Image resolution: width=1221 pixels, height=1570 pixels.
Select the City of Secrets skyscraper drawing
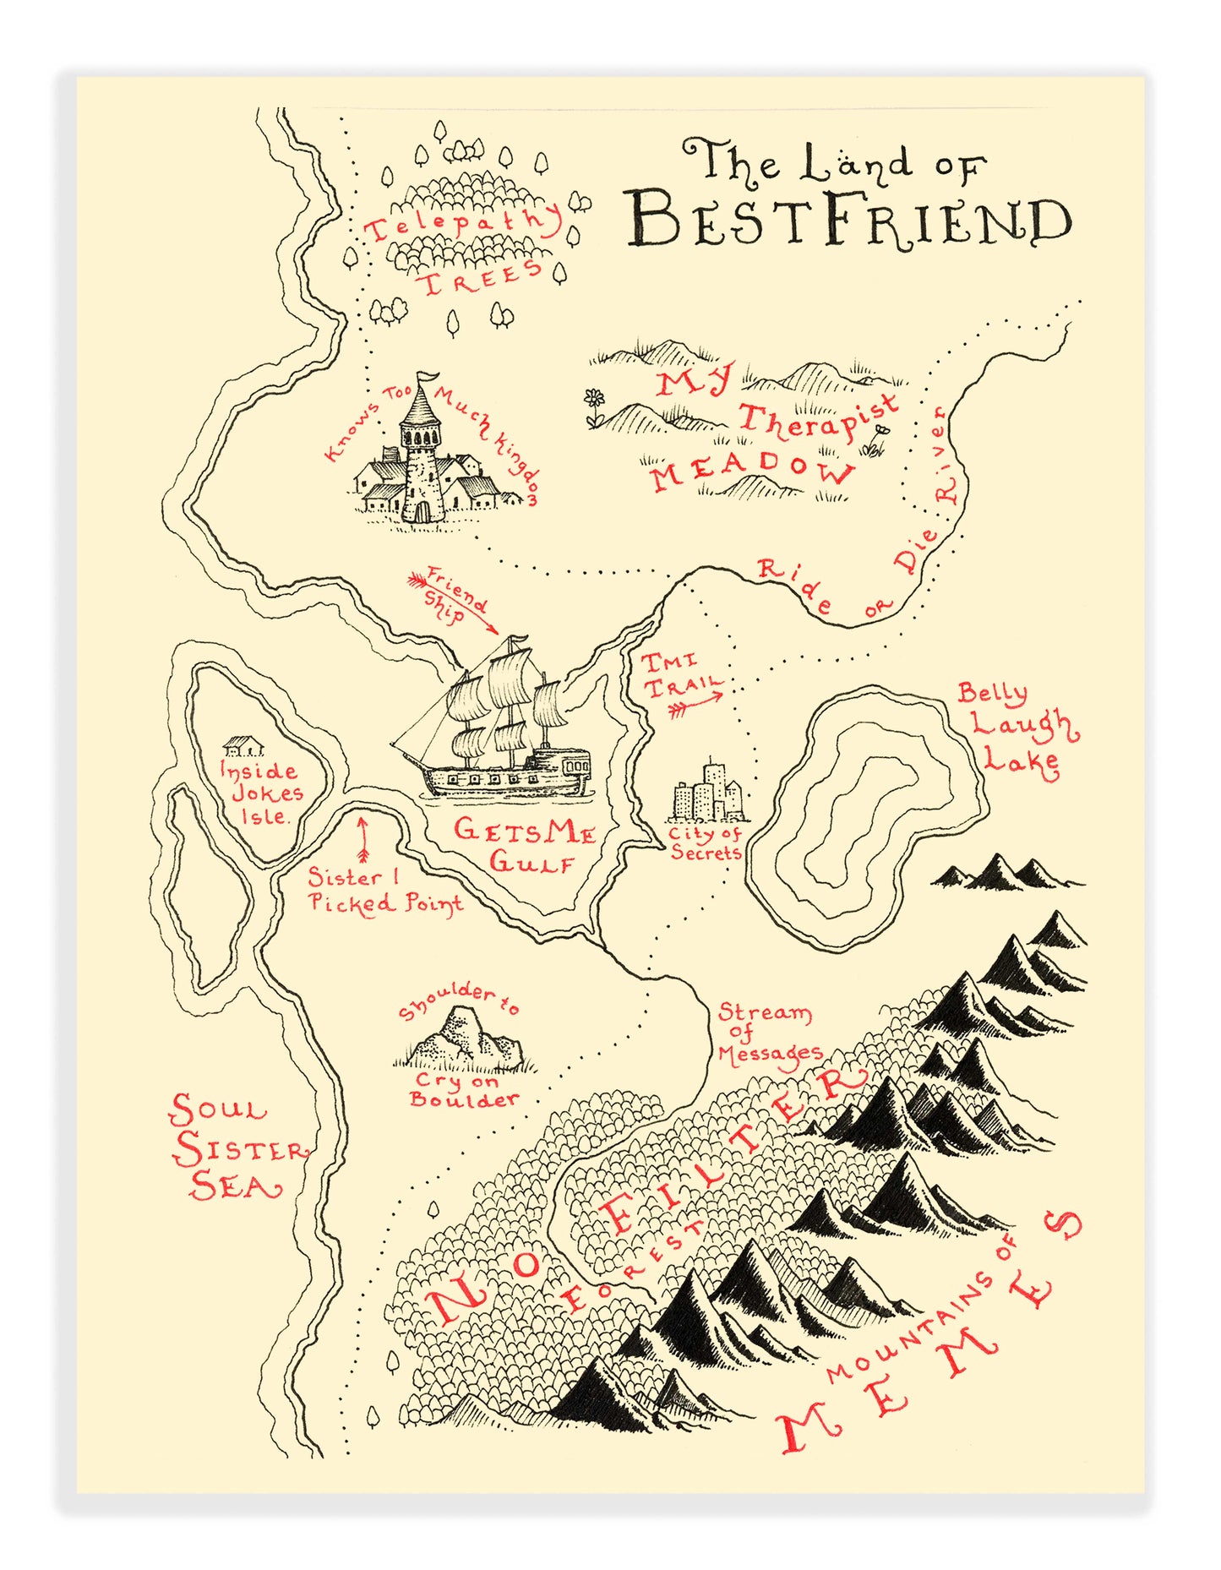click(708, 793)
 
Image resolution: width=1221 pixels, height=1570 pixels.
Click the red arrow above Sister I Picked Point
click(363, 837)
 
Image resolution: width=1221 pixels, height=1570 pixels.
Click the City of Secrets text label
click(705, 843)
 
